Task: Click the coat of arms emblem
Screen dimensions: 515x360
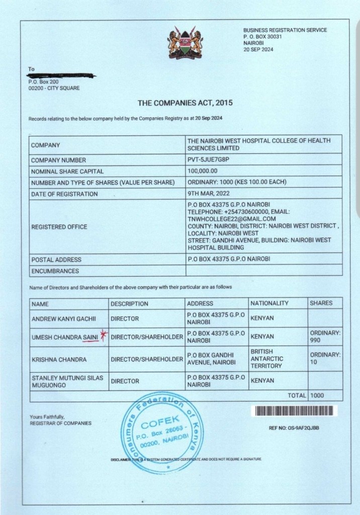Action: pos(185,45)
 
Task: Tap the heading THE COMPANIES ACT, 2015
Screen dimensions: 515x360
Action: pos(185,103)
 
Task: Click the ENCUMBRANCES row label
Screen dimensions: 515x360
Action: pos(55,271)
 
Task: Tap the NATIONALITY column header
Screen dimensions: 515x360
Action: pos(269,303)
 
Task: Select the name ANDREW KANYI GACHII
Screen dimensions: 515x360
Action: pos(63,319)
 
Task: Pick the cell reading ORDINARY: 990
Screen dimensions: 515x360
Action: pos(325,336)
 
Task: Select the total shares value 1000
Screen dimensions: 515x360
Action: pos(317,396)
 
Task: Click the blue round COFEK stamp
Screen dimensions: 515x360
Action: pos(163,433)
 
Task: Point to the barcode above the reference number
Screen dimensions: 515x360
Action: pos(294,411)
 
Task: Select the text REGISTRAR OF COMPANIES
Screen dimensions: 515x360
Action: pos(60,423)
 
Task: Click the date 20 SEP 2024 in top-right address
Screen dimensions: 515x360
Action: pos(258,49)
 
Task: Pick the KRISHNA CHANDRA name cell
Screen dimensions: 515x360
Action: pos(52,360)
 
